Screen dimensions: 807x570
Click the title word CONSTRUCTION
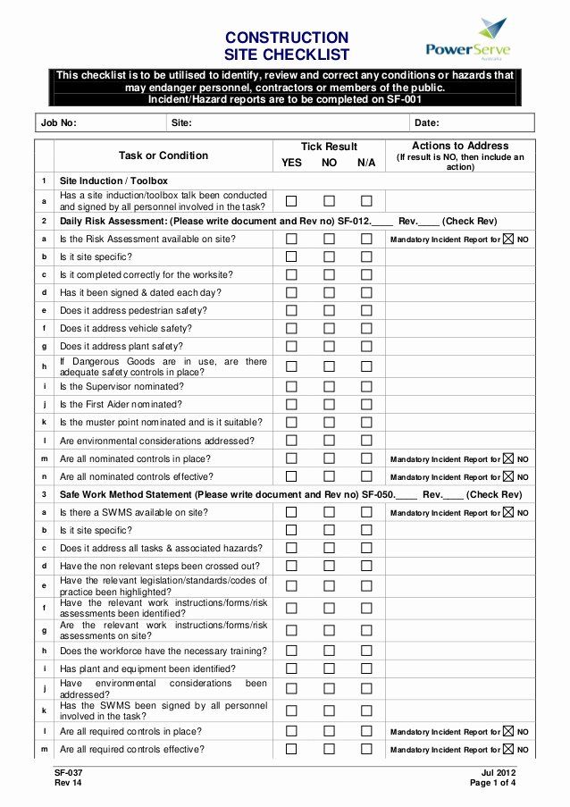coord(287,38)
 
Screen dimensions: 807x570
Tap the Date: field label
coord(427,123)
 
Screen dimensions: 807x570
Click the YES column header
coord(292,163)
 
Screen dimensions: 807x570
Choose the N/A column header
coord(366,163)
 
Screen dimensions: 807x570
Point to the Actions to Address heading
coord(460,146)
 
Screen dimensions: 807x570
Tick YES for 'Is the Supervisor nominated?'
coord(291,387)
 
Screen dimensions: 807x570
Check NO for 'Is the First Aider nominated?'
coord(329,405)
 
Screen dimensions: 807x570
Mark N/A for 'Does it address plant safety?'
coord(366,346)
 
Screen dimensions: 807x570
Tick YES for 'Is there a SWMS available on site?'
coord(291,513)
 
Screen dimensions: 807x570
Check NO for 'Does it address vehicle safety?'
coord(329,328)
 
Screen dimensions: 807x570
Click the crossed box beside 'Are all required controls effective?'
coord(508,750)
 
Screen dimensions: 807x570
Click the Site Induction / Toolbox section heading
coord(113,181)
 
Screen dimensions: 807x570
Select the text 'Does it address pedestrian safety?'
coord(133,310)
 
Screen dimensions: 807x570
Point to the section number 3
coord(43,494)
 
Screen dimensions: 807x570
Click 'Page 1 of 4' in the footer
coord(492,783)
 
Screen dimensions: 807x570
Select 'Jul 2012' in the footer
coord(498,772)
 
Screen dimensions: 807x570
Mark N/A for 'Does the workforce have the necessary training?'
coord(366,651)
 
